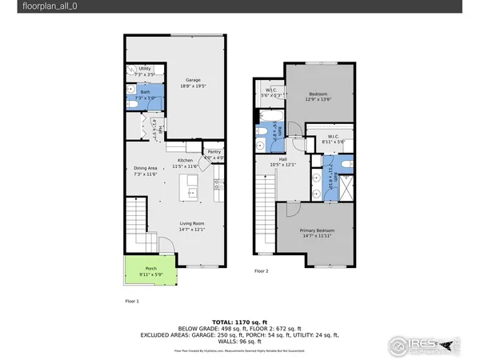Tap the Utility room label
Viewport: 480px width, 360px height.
[x=145, y=70]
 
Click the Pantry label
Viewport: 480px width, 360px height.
[x=214, y=154]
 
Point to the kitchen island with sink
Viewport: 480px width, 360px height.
[x=190, y=186]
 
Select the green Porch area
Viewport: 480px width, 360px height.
[x=150, y=272]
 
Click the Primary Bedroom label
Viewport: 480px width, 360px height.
[x=317, y=233]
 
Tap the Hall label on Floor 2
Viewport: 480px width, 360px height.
[x=282, y=162]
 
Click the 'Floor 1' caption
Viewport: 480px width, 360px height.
[x=132, y=301]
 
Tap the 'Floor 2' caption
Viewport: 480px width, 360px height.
[x=261, y=271]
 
